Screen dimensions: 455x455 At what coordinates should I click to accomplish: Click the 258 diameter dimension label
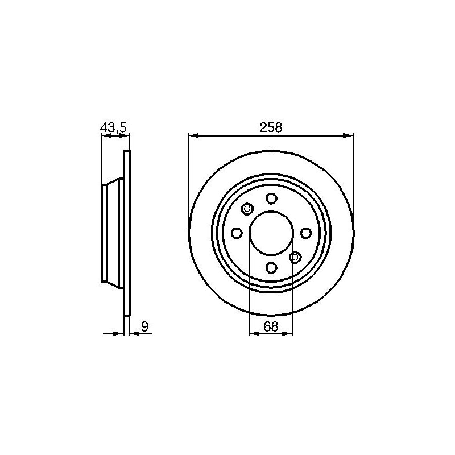[271, 127]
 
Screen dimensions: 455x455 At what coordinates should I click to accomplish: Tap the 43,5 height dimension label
[113, 127]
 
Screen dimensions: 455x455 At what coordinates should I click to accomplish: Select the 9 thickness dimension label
[144, 326]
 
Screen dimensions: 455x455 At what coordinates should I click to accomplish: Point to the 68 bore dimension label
[271, 326]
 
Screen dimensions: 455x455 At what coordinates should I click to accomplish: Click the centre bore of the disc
[271, 233]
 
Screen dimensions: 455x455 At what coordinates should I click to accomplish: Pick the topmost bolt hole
[271, 198]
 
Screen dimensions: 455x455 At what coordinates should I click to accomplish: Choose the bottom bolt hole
[271, 267]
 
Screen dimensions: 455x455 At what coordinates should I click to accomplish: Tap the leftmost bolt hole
[237, 233]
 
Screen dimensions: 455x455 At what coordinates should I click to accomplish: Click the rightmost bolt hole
[305, 233]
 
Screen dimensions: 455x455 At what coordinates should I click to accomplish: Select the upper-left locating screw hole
[247, 209]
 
